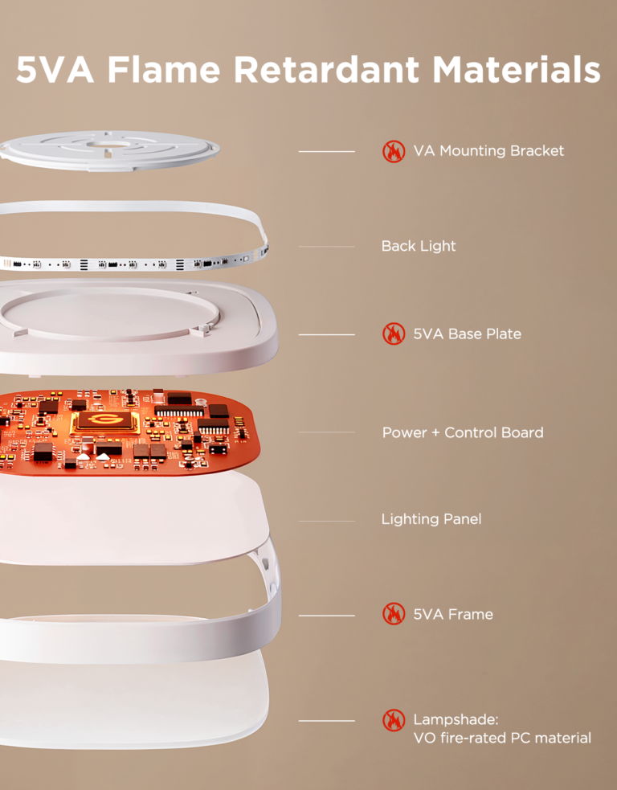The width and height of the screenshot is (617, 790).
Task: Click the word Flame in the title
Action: pos(164,69)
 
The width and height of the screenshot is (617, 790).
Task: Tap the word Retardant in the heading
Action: pos(326,69)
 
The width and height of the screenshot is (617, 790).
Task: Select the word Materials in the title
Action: pos(517,69)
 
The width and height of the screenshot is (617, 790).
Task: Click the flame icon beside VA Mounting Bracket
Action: pos(394,151)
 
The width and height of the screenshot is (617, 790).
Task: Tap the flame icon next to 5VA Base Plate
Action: pos(394,334)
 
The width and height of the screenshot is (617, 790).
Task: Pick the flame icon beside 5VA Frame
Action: pos(394,614)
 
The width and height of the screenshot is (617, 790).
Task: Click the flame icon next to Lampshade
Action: pos(394,720)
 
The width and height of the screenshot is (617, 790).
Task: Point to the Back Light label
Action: pos(419,246)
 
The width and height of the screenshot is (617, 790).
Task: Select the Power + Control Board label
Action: pos(463,432)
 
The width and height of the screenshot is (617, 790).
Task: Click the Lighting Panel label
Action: pos(431,519)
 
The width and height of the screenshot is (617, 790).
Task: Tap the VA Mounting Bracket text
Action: pos(488,150)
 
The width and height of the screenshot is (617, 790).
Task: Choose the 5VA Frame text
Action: pos(453,614)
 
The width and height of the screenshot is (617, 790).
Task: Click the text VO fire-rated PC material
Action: pos(502,738)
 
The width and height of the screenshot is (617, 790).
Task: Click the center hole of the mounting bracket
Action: pos(108,145)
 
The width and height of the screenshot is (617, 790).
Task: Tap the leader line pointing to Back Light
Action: pos(326,247)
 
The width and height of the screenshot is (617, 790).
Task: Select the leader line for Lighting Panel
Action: pos(326,521)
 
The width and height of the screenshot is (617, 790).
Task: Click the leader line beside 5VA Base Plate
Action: pos(326,334)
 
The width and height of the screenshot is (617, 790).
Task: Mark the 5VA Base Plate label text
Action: pos(468,334)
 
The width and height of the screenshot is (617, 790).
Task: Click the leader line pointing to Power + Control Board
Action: pos(326,432)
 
